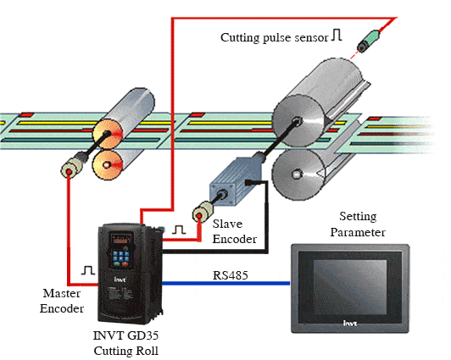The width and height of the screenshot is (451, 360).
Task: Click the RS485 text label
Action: [x=230, y=275]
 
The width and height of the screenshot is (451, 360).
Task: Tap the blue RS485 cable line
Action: [x=226, y=284]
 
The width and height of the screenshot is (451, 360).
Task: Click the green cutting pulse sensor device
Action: [x=369, y=42]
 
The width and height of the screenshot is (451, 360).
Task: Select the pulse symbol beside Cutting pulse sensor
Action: [x=337, y=35]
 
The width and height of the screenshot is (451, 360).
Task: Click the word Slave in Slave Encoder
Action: [x=227, y=224]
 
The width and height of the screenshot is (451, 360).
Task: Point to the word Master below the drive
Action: [x=62, y=293]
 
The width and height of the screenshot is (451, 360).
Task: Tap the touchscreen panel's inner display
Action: [x=350, y=287]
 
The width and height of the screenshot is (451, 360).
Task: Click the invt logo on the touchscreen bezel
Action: [x=350, y=324]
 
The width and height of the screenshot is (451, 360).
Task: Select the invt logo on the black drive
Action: [x=120, y=280]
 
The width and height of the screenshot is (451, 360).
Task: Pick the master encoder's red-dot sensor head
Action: [x=69, y=170]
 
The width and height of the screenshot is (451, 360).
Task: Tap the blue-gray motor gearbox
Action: [x=236, y=181]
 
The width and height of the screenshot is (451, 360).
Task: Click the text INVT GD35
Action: [x=125, y=335]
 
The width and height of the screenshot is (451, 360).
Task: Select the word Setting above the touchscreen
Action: [x=358, y=217]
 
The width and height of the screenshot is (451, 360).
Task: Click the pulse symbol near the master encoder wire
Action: [x=88, y=270]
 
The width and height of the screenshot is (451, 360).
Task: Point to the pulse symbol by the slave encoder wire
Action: [x=179, y=230]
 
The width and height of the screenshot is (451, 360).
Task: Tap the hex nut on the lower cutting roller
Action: [x=296, y=174]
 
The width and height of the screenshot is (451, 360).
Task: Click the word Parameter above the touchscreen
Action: [x=358, y=232]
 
